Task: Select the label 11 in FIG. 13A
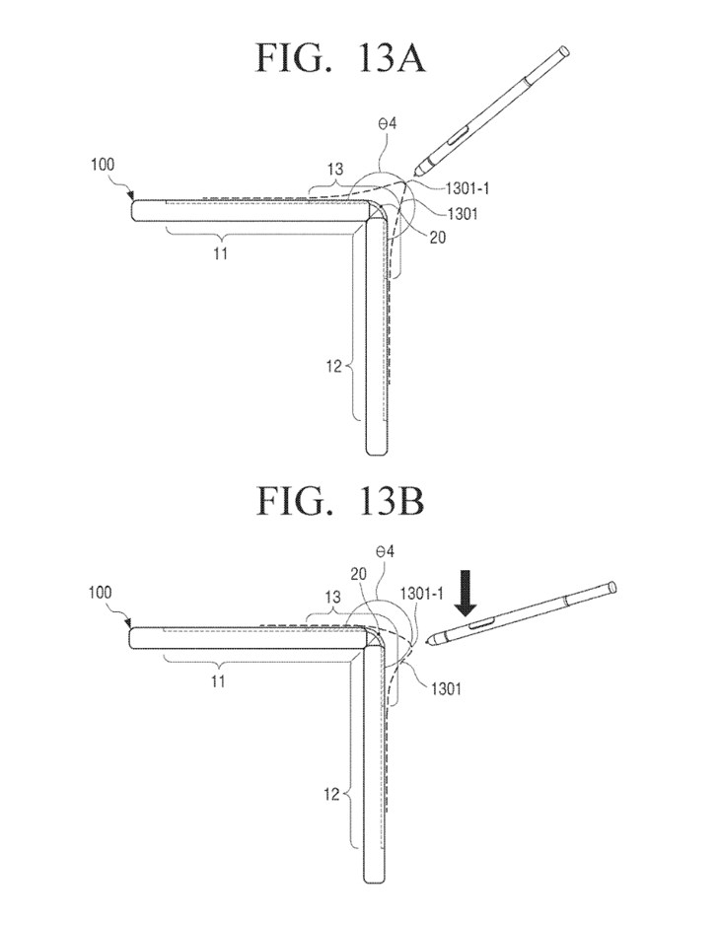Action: (224, 253)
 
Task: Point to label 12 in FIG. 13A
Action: (332, 367)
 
